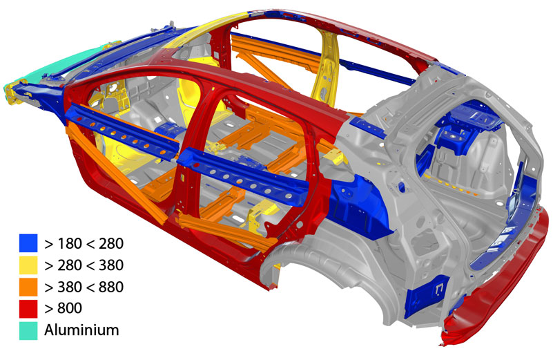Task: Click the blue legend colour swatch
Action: tap(28, 243)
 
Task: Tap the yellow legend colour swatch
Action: tap(28, 265)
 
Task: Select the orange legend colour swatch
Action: tap(28, 287)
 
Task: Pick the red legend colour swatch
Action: tap(28, 309)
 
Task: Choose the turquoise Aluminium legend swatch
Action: tap(28, 331)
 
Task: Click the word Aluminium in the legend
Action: tap(81, 330)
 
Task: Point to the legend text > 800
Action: tap(63, 308)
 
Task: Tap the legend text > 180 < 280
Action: tap(84, 243)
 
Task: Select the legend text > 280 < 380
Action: tap(84, 265)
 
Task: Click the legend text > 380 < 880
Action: tap(84, 287)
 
